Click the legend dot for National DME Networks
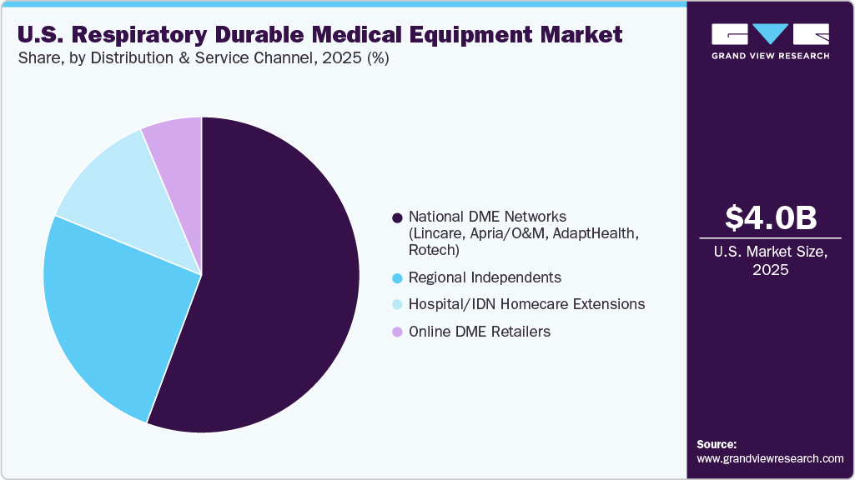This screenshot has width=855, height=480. (397, 218)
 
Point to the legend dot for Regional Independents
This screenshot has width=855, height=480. (397, 277)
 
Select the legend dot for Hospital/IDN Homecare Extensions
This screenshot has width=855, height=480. (397, 305)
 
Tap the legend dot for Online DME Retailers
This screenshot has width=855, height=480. (397, 332)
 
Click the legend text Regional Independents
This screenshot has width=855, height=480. (485, 277)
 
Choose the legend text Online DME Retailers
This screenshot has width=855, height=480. (480, 332)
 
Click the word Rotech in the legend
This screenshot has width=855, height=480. (431, 250)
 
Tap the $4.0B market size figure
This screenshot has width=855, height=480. (770, 218)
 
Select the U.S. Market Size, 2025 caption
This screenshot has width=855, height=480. (770, 262)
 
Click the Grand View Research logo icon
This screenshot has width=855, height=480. (770, 34)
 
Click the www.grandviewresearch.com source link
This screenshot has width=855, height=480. (770, 458)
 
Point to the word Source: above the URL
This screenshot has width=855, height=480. (717, 444)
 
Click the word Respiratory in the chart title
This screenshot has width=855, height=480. (143, 35)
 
